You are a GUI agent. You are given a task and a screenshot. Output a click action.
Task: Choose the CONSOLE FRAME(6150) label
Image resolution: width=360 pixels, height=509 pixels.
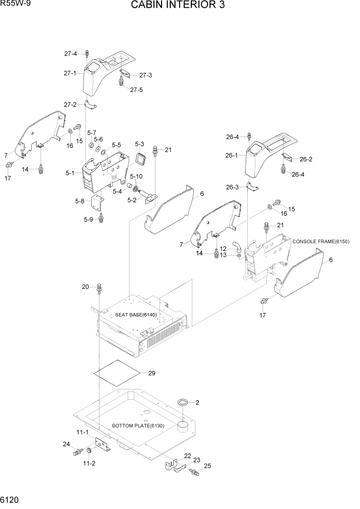pyautogui.click(x=321, y=241)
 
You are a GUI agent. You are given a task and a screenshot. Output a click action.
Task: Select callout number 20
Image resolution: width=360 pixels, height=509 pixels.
pyautogui.click(x=85, y=286)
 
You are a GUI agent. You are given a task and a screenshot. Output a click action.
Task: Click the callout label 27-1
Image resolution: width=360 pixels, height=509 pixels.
pyautogui.click(x=70, y=73)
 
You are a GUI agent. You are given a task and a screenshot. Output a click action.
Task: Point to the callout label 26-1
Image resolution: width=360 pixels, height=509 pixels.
pyautogui.click(x=231, y=155)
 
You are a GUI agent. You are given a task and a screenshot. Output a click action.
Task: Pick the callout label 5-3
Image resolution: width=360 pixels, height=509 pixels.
pyautogui.click(x=139, y=144)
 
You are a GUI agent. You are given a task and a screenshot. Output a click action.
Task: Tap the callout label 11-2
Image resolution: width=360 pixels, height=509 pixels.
pyautogui.click(x=89, y=463)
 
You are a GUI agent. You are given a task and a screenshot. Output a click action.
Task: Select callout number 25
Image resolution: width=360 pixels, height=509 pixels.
pyautogui.click(x=207, y=466)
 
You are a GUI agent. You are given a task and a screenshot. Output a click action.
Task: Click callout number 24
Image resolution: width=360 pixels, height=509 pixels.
pyautogui.click(x=66, y=444)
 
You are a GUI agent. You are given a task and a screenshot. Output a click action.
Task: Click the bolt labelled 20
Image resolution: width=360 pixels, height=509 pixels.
pyautogui.click(x=99, y=290)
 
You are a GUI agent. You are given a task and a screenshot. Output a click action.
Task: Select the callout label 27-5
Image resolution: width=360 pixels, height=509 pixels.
pyautogui.click(x=136, y=89)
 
